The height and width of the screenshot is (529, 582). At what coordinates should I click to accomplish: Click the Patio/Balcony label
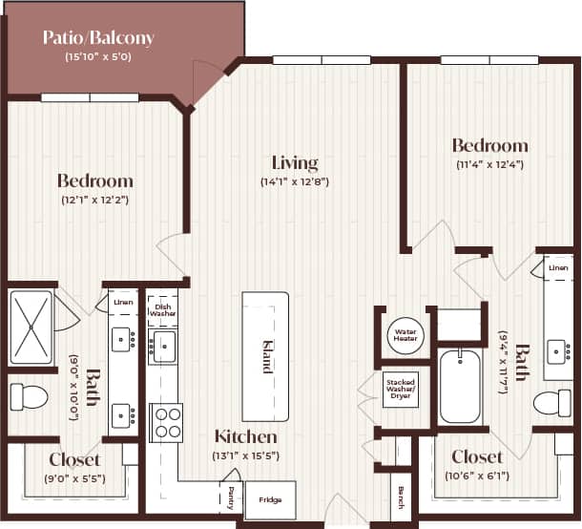tap(98, 38)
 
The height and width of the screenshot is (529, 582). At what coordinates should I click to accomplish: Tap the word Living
tap(295, 162)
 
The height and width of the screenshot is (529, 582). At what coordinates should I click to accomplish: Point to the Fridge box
tap(270, 500)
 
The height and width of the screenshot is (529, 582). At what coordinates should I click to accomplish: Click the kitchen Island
tap(266, 356)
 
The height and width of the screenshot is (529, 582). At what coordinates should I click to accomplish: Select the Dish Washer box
tap(162, 309)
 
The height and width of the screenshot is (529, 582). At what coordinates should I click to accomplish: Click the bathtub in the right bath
tap(460, 386)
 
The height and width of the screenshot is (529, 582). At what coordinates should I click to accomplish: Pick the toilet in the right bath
tap(551, 402)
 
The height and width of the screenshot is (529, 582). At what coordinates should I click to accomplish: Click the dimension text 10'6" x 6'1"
tap(477, 475)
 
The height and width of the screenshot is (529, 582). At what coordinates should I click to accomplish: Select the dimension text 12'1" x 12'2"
tap(94, 200)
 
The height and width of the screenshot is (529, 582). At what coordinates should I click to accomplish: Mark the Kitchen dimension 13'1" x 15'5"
tap(245, 455)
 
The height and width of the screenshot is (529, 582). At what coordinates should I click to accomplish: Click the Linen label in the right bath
tap(558, 268)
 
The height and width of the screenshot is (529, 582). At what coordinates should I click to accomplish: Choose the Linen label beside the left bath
tap(123, 303)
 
